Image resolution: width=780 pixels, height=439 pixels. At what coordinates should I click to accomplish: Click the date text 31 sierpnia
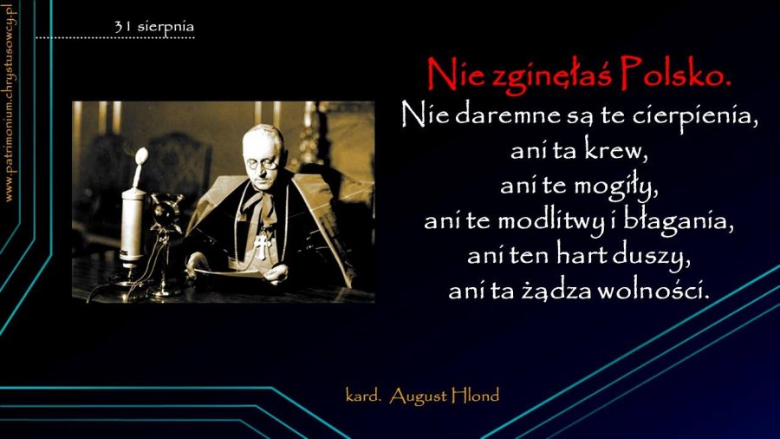tap(153, 27)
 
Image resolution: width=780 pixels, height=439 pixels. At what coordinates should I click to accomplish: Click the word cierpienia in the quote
tap(695, 115)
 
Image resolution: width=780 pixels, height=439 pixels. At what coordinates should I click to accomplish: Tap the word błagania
tap(679, 221)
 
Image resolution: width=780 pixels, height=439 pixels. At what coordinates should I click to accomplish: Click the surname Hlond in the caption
tap(475, 396)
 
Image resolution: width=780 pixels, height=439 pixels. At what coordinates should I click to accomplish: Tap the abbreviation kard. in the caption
tap(363, 396)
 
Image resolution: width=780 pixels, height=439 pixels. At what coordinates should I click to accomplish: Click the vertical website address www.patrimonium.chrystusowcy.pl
tap(10, 102)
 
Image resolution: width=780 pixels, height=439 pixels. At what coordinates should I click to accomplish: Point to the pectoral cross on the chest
tap(261, 246)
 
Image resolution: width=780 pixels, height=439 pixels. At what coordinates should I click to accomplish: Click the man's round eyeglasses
tap(262, 162)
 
